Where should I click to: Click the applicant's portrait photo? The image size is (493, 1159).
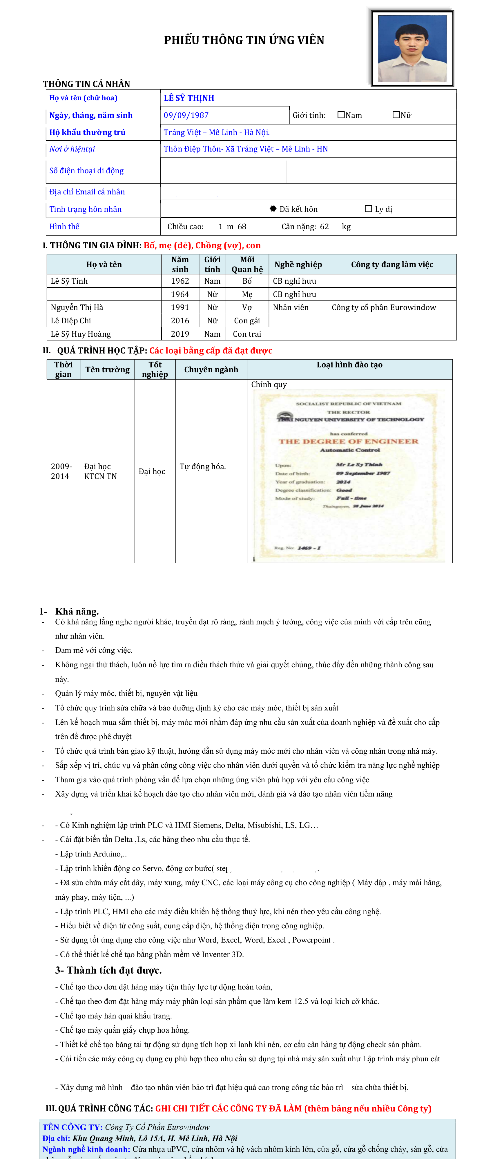(412, 49)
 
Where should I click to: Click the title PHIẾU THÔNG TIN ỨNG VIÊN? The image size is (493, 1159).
(244, 40)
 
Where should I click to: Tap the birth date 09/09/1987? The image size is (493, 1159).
(186, 115)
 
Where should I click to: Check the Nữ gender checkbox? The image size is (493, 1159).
(396, 115)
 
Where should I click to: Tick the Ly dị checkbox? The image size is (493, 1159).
(368, 209)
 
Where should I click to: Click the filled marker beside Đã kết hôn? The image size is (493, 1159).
(273, 209)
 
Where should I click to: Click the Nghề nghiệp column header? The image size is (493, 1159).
(298, 265)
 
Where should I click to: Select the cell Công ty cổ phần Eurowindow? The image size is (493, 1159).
(384, 307)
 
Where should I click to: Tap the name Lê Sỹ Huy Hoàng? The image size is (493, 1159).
(81, 334)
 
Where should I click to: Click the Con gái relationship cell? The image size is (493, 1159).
(247, 320)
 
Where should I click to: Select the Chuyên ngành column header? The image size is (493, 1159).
(211, 369)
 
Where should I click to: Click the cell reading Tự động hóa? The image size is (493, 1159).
(203, 466)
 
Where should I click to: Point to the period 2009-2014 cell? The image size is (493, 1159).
(61, 471)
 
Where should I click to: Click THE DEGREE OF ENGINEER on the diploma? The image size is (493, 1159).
(349, 441)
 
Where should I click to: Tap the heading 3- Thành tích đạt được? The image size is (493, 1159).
(108, 970)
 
